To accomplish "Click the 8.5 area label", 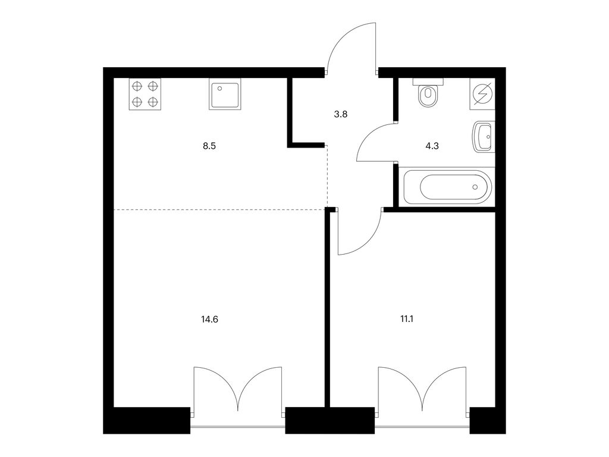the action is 209,146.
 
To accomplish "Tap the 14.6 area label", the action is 209,320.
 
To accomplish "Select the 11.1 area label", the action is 407,320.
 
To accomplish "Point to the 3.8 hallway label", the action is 341,114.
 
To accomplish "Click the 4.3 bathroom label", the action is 432,146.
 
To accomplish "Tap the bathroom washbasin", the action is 483,137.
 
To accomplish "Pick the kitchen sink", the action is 225,94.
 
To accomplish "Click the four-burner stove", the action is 145,94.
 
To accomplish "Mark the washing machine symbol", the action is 482,94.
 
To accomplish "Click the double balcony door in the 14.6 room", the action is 238,389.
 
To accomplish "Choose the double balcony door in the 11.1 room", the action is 422,389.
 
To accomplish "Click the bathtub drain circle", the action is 475,187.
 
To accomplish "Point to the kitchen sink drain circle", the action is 220,88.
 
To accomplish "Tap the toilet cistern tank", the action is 428,82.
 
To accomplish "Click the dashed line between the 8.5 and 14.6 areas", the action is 219,210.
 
